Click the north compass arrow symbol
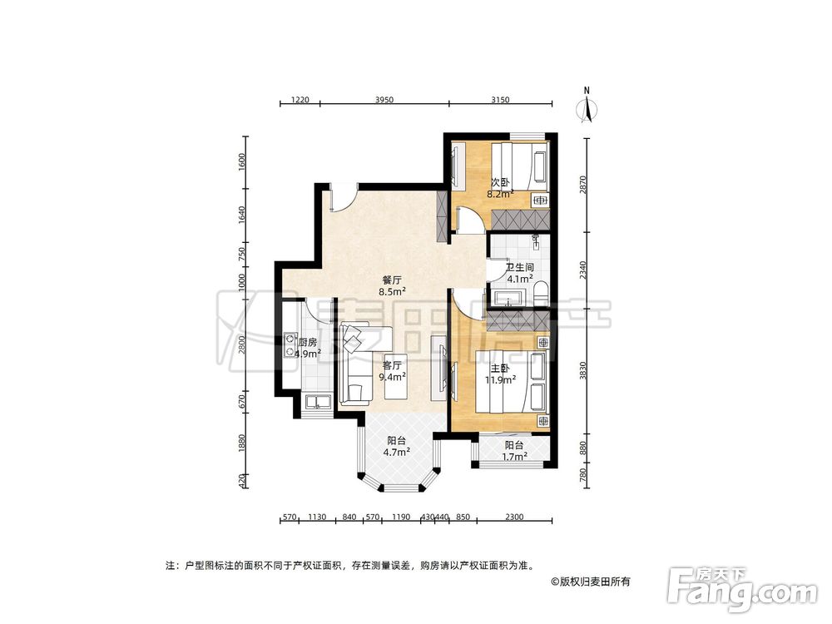click(587, 110)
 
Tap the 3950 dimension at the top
click(384, 100)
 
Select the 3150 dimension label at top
click(500, 100)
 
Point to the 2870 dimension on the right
click(583, 186)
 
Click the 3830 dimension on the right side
click(583, 371)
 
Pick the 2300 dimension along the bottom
click(513, 517)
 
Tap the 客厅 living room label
click(392, 365)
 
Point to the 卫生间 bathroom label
click(519, 268)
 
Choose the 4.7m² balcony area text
click(396, 452)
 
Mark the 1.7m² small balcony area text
click(514, 456)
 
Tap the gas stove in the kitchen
click(290, 344)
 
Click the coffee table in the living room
click(395, 376)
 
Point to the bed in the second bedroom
click(519, 166)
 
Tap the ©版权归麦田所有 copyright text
click(591, 582)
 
